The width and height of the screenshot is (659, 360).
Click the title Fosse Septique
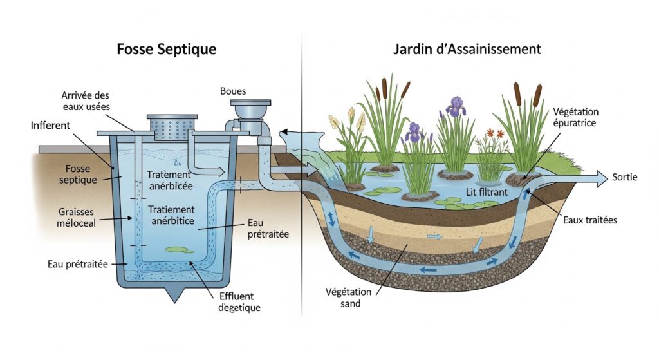pyautogui.click(x=167, y=50)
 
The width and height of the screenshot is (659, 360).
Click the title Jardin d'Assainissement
pyautogui.click(x=467, y=49)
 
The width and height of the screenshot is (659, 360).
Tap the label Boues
pyautogui.click(x=233, y=91)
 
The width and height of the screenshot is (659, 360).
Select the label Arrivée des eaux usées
pyautogui.click(x=86, y=101)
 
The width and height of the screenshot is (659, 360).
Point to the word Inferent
pyautogui.click(x=50, y=126)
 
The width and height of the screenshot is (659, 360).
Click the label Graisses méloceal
pyautogui.click(x=76, y=218)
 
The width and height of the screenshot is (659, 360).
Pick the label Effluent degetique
pyautogui.click(x=239, y=302)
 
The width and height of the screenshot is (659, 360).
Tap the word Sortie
pyautogui.click(x=624, y=177)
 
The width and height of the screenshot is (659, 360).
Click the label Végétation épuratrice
pyautogui.click(x=575, y=117)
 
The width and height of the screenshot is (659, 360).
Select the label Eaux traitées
pyautogui.click(x=590, y=220)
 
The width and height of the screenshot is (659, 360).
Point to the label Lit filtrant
pyautogui.click(x=487, y=192)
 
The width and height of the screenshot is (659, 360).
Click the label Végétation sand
pyautogui.click(x=348, y=298)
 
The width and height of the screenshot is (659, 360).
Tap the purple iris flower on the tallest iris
pyautogui.click(x=456, y=106)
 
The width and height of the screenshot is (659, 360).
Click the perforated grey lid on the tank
pyautogui.click(x=172, y=127)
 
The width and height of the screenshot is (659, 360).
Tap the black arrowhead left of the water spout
pyautogui.click(x=283, y=133)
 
